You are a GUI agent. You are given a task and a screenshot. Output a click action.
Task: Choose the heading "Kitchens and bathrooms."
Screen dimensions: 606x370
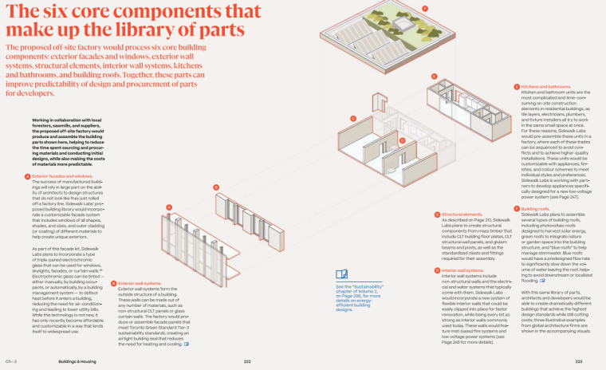coord(549,85)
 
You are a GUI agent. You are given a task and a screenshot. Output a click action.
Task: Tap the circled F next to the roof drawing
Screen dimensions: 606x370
coord(425,8)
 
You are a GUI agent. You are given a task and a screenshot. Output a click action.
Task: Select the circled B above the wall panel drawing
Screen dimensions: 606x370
coord(216,187)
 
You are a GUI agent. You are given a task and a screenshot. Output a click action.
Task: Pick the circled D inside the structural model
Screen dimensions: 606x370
coord(403,140)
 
